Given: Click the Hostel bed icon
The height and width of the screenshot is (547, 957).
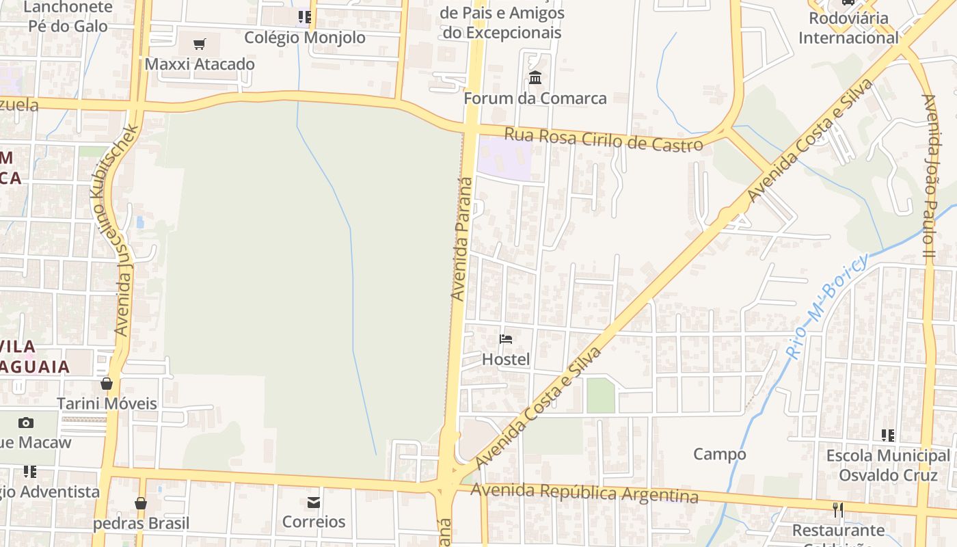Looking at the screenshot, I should [506, 338].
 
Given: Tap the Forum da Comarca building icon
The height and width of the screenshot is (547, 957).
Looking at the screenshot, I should [535, 78].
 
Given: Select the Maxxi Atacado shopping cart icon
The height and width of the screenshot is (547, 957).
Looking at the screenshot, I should [200, 44].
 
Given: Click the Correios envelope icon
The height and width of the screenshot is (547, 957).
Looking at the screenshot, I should [314, 503].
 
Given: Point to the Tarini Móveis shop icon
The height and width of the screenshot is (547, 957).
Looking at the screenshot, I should [107, 384].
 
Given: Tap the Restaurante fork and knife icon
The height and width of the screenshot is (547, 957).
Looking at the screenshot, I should [838, 510].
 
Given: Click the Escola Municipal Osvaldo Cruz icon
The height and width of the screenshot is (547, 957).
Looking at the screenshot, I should [888, 435].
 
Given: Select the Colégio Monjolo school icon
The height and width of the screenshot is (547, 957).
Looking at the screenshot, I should [305, 16].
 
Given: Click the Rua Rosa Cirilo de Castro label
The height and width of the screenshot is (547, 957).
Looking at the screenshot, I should [604, 139].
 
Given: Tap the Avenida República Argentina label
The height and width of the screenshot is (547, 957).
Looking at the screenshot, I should [584, 492].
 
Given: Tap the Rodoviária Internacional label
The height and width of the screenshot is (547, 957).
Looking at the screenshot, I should [849, 28].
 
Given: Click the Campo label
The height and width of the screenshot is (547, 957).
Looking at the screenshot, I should [720, 454].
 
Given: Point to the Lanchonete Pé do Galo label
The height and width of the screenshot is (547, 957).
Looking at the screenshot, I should [68, 16].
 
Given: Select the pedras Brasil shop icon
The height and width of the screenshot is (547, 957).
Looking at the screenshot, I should [141, 503].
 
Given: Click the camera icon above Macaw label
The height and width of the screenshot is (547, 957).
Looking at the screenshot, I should [26, 423].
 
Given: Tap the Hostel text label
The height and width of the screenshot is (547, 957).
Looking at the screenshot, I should [506, 359].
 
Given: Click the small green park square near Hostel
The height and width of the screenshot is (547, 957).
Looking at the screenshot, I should [601, 396].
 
